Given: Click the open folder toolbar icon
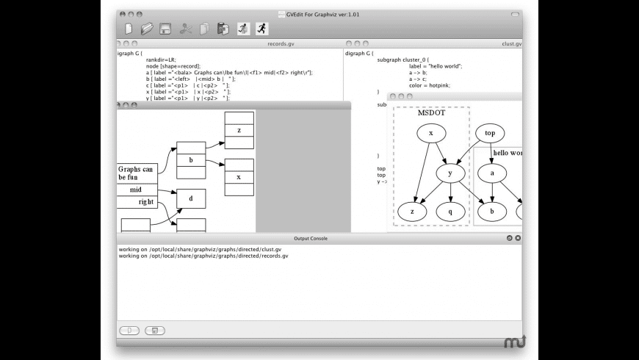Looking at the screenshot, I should pos(148,29).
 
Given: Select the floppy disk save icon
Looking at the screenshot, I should pos(166,29).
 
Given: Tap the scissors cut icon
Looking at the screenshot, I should pos(186,29).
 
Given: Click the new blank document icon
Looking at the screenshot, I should pos(129,29).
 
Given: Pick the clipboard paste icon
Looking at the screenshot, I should pos(223,29).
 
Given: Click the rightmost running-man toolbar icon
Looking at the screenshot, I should pos(261,29).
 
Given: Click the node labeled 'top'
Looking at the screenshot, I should pos(490,134).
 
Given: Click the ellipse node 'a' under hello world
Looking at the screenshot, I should pos(492,173).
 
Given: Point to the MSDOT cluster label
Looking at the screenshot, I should pos(431,112).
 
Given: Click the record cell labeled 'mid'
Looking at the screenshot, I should pos(137,190).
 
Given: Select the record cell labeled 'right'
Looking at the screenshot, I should pos(145,201).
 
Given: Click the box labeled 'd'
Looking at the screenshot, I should pos(191,198).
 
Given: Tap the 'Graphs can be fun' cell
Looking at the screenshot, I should pos(137,173).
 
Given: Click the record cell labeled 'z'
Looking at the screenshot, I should pos(239,131).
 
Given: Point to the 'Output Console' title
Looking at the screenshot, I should pos(311,238).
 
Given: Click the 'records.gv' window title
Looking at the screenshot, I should pos(281,44).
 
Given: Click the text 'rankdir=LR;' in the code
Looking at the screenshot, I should pos(162,60).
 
